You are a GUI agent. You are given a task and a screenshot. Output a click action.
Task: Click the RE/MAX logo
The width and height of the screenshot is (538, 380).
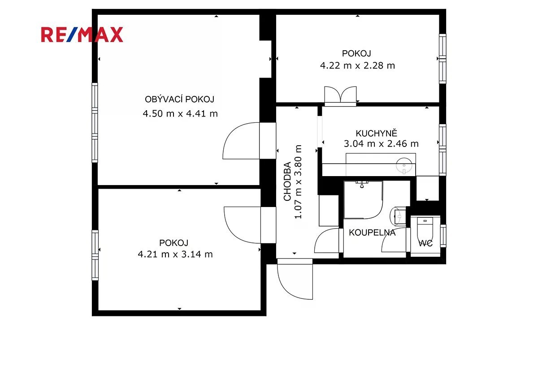82,35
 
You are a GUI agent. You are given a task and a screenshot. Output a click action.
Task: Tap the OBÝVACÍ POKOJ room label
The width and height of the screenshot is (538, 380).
179,99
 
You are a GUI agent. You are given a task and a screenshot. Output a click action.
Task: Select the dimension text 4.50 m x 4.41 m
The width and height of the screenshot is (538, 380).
180,113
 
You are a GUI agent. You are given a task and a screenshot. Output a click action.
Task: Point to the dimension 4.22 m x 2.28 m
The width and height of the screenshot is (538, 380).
357,65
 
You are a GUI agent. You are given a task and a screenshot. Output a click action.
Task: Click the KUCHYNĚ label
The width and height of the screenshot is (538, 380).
376,133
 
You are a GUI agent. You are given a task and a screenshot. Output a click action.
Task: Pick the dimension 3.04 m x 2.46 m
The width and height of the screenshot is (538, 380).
381,144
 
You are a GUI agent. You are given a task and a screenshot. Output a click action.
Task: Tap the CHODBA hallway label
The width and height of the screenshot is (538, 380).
287,181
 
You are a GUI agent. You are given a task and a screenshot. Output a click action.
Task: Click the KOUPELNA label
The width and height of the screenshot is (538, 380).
372,233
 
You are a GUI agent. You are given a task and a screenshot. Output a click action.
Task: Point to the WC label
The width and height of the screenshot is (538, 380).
425,243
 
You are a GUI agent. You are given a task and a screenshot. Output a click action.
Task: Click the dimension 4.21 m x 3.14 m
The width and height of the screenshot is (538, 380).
175,254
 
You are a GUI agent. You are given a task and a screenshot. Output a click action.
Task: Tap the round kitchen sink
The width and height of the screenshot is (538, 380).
404,165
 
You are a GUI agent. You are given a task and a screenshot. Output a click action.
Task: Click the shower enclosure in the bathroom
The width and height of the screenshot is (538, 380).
363,200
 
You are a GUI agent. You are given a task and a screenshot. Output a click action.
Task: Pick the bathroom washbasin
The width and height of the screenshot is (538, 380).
398,216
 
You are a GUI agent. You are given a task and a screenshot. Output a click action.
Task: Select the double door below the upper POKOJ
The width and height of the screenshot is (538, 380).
340,96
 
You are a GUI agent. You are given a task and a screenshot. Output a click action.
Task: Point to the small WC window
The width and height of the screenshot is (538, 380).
443,236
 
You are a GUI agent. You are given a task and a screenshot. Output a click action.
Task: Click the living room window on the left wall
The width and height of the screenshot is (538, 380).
95,123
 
